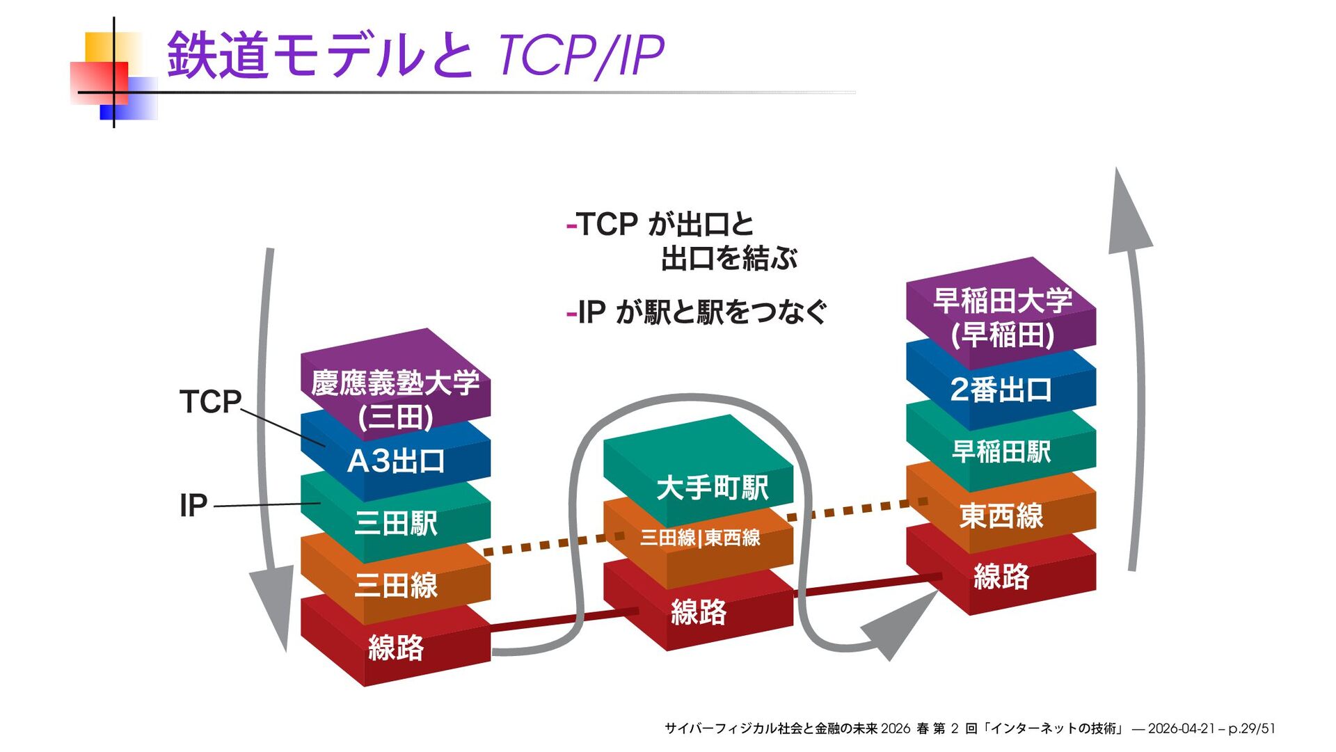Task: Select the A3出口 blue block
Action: coord(395,461)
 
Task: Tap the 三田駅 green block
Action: coord(395,523)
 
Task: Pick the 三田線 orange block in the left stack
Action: coord(395,584)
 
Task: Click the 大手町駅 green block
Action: coord(712,487)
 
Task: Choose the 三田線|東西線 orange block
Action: coord(699,538)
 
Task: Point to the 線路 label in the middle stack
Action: coord(698,612)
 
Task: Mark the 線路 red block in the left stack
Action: coord(395,648)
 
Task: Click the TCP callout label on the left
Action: coord(210,402)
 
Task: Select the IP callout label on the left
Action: coord(193,505)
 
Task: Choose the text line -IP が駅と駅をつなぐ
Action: coord(696,312)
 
